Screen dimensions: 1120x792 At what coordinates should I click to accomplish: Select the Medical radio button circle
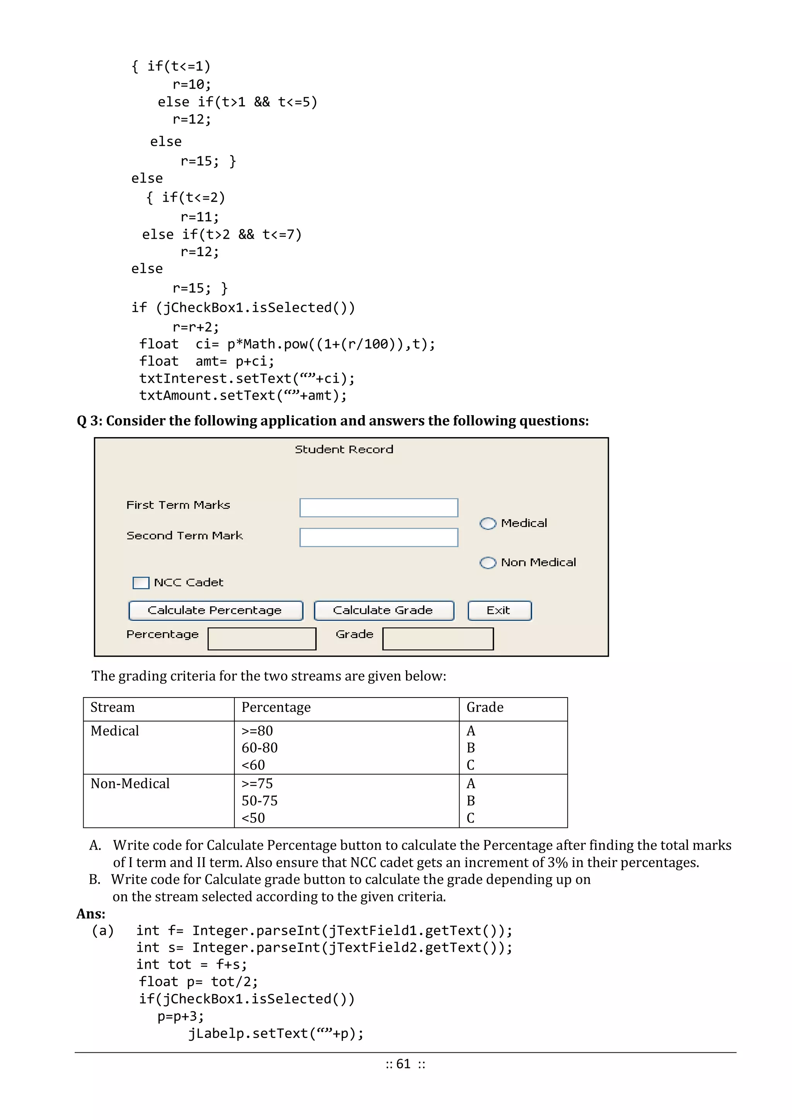(x=488, y=523)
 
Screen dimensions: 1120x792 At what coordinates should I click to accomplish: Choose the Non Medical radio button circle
(x=488, y=563)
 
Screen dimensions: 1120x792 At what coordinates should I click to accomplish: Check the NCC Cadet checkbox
(x=141, y=583)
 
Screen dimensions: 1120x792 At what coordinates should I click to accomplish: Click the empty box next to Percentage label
(x=262, y=639)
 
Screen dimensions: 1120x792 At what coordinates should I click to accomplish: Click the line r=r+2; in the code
(x=196, y=327)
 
